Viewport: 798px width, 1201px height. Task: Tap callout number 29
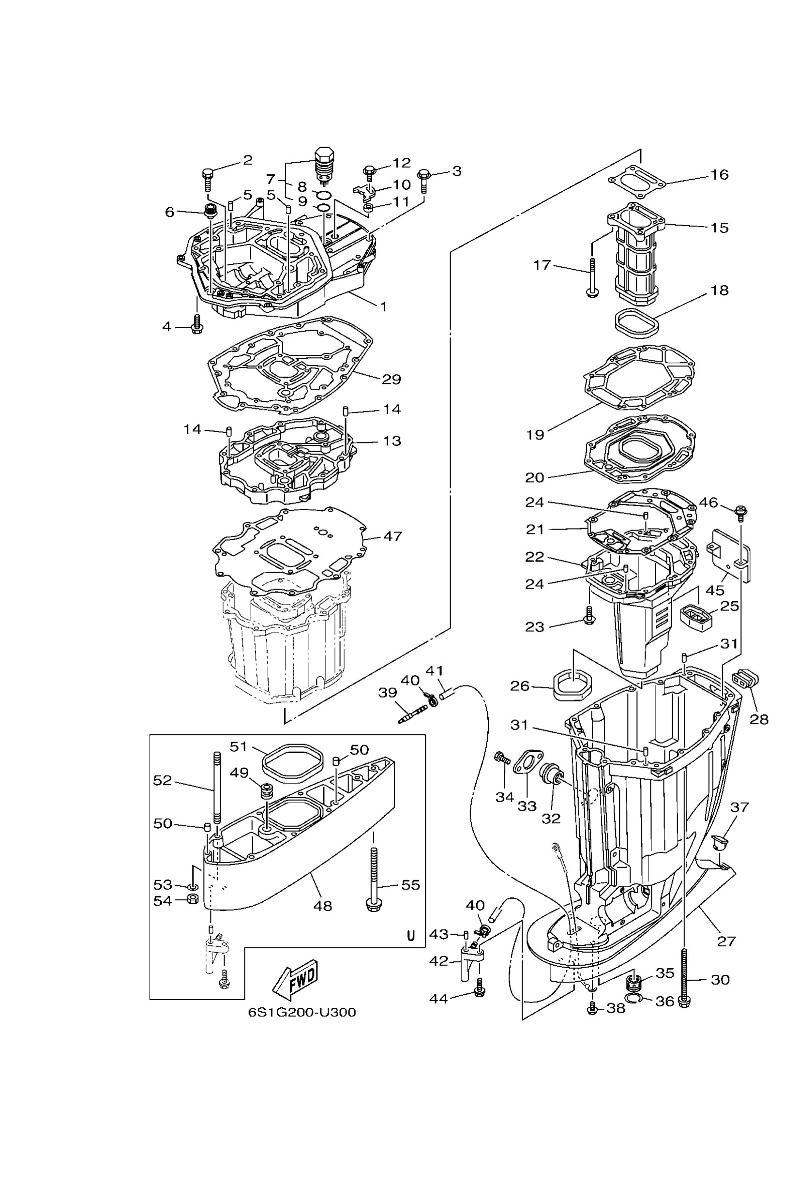click(391, 380)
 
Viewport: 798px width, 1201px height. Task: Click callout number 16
click(719, 175)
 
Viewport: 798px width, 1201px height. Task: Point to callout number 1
click(383, 306)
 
